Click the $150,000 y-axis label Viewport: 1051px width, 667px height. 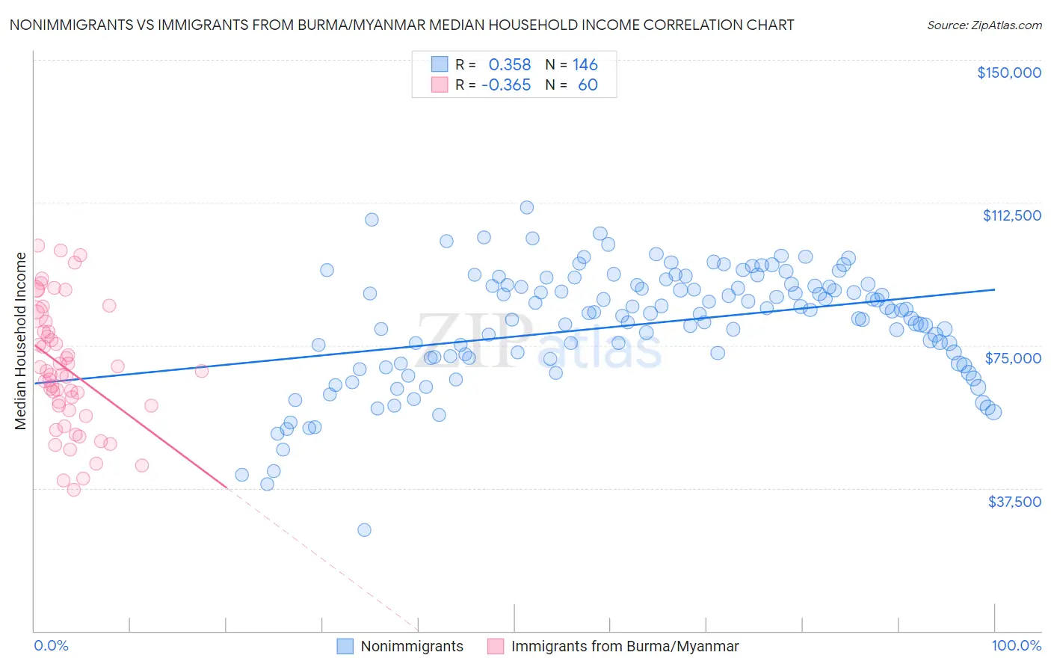pos(1008,73)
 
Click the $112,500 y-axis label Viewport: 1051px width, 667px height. pos(1011,215)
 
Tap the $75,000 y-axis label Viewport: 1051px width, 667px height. pos(1013,358)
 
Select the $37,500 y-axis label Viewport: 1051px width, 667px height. pos(1014,502)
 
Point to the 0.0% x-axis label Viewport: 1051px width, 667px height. pos(51,646)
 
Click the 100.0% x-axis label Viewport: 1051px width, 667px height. pos(1016,646)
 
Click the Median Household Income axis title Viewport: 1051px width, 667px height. pos(21,341)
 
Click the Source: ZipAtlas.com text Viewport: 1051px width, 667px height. pos(984,25)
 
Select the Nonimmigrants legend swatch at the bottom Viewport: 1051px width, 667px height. pos(345,646)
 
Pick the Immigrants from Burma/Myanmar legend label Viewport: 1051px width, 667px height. pos(624,646)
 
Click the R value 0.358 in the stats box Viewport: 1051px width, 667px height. pos(509,64)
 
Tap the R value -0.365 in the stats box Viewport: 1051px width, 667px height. pos(506,84)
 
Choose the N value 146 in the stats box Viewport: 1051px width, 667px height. pos(585,64)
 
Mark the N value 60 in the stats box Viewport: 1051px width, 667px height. pos(588,84)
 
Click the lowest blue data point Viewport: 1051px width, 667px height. pos(364,530)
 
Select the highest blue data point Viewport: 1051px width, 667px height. pos(527,207)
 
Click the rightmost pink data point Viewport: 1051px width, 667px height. pos(201,371)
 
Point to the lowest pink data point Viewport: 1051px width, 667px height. pos(73,490)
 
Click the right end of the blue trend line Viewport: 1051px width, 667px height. pos(994,289)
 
